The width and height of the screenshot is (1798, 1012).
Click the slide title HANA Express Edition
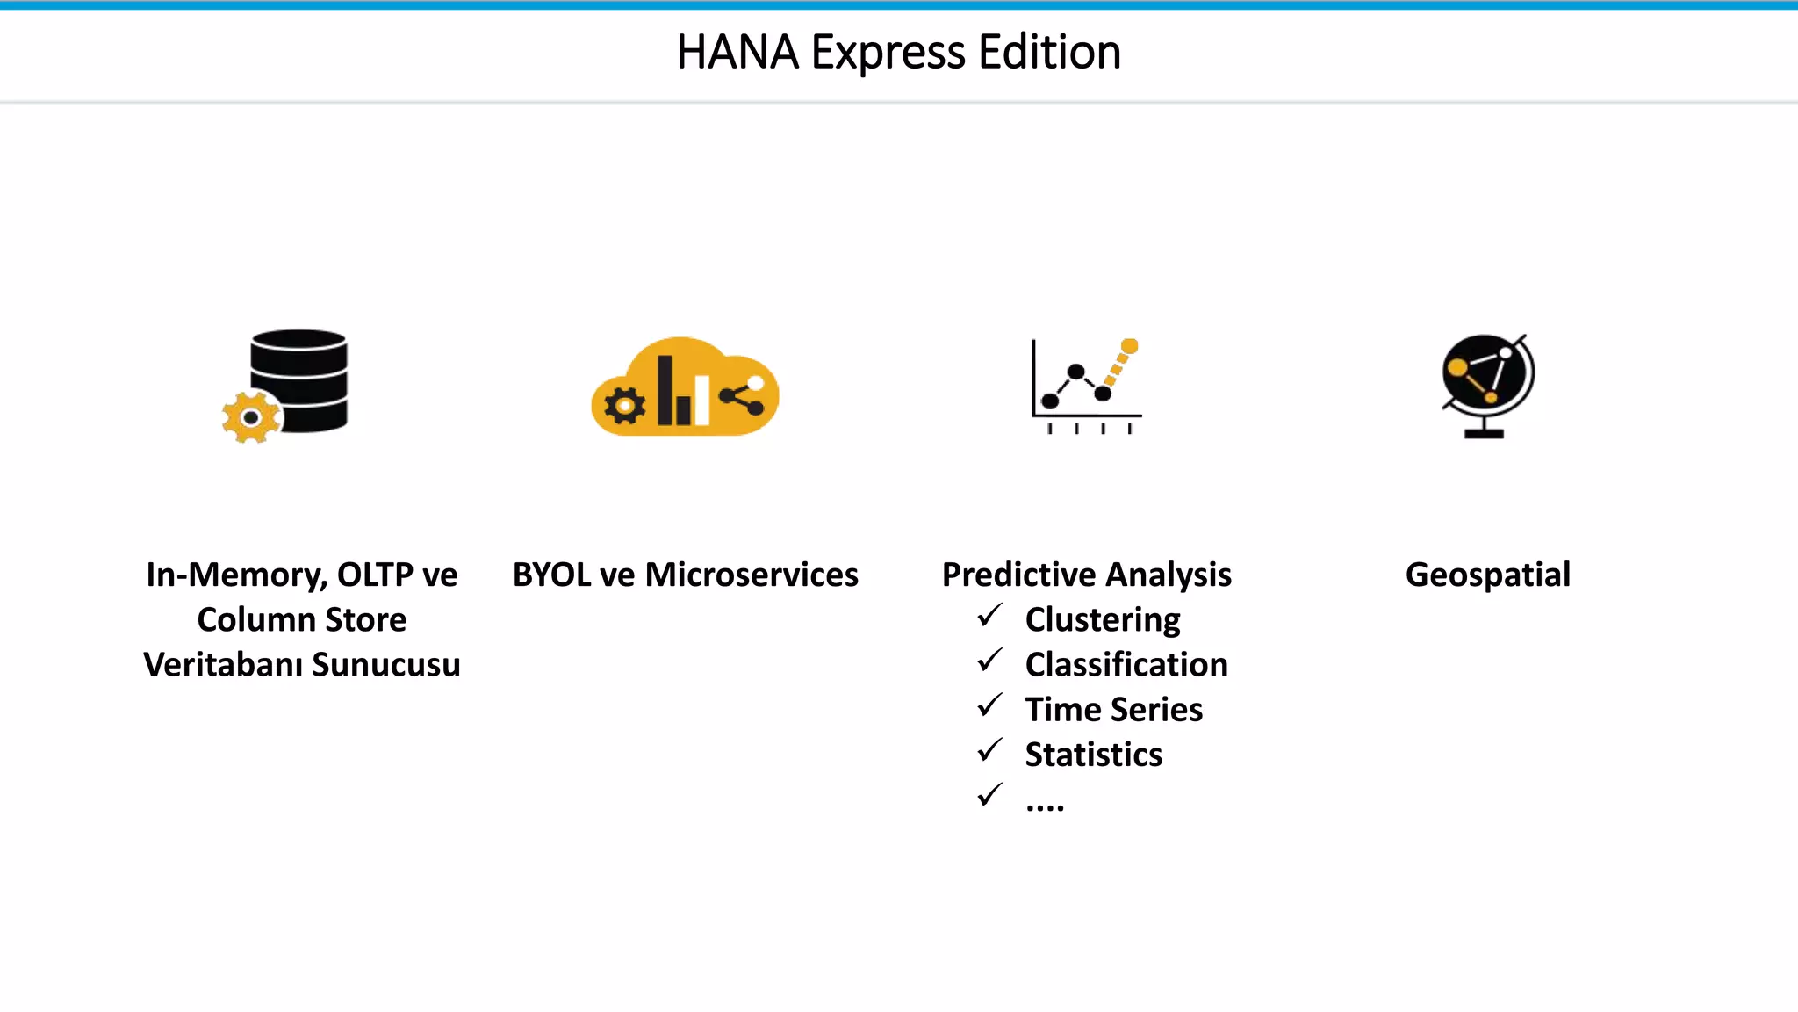tap(898, 53)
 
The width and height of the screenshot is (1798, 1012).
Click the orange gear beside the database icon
tap(251, 417)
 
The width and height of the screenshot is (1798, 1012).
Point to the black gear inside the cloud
tap(625, 406)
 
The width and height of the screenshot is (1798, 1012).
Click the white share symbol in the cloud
tap(743, 397)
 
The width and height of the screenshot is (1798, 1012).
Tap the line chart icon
tap(1086, 387)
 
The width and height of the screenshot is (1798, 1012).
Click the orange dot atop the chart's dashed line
tap(1130, 346)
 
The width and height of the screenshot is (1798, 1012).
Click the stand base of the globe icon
tap(1485, 433)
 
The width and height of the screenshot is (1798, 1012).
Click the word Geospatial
tap(1488, 575)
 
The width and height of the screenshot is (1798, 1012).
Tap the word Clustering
tap(1103, 620)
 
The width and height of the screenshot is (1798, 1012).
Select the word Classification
tap(1126, 665)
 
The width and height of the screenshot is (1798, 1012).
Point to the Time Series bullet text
tap(1114, 710)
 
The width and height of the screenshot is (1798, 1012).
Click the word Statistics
tap(1094, 755)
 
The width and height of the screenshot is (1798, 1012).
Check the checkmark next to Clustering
tap(989, 616)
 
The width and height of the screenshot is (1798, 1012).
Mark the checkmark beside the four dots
tap(989, 795)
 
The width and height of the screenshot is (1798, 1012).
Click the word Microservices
tap(752, 575)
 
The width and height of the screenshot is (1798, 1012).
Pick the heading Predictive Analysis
tap(1086, 575)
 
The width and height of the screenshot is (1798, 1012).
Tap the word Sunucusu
tap(386, 665)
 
